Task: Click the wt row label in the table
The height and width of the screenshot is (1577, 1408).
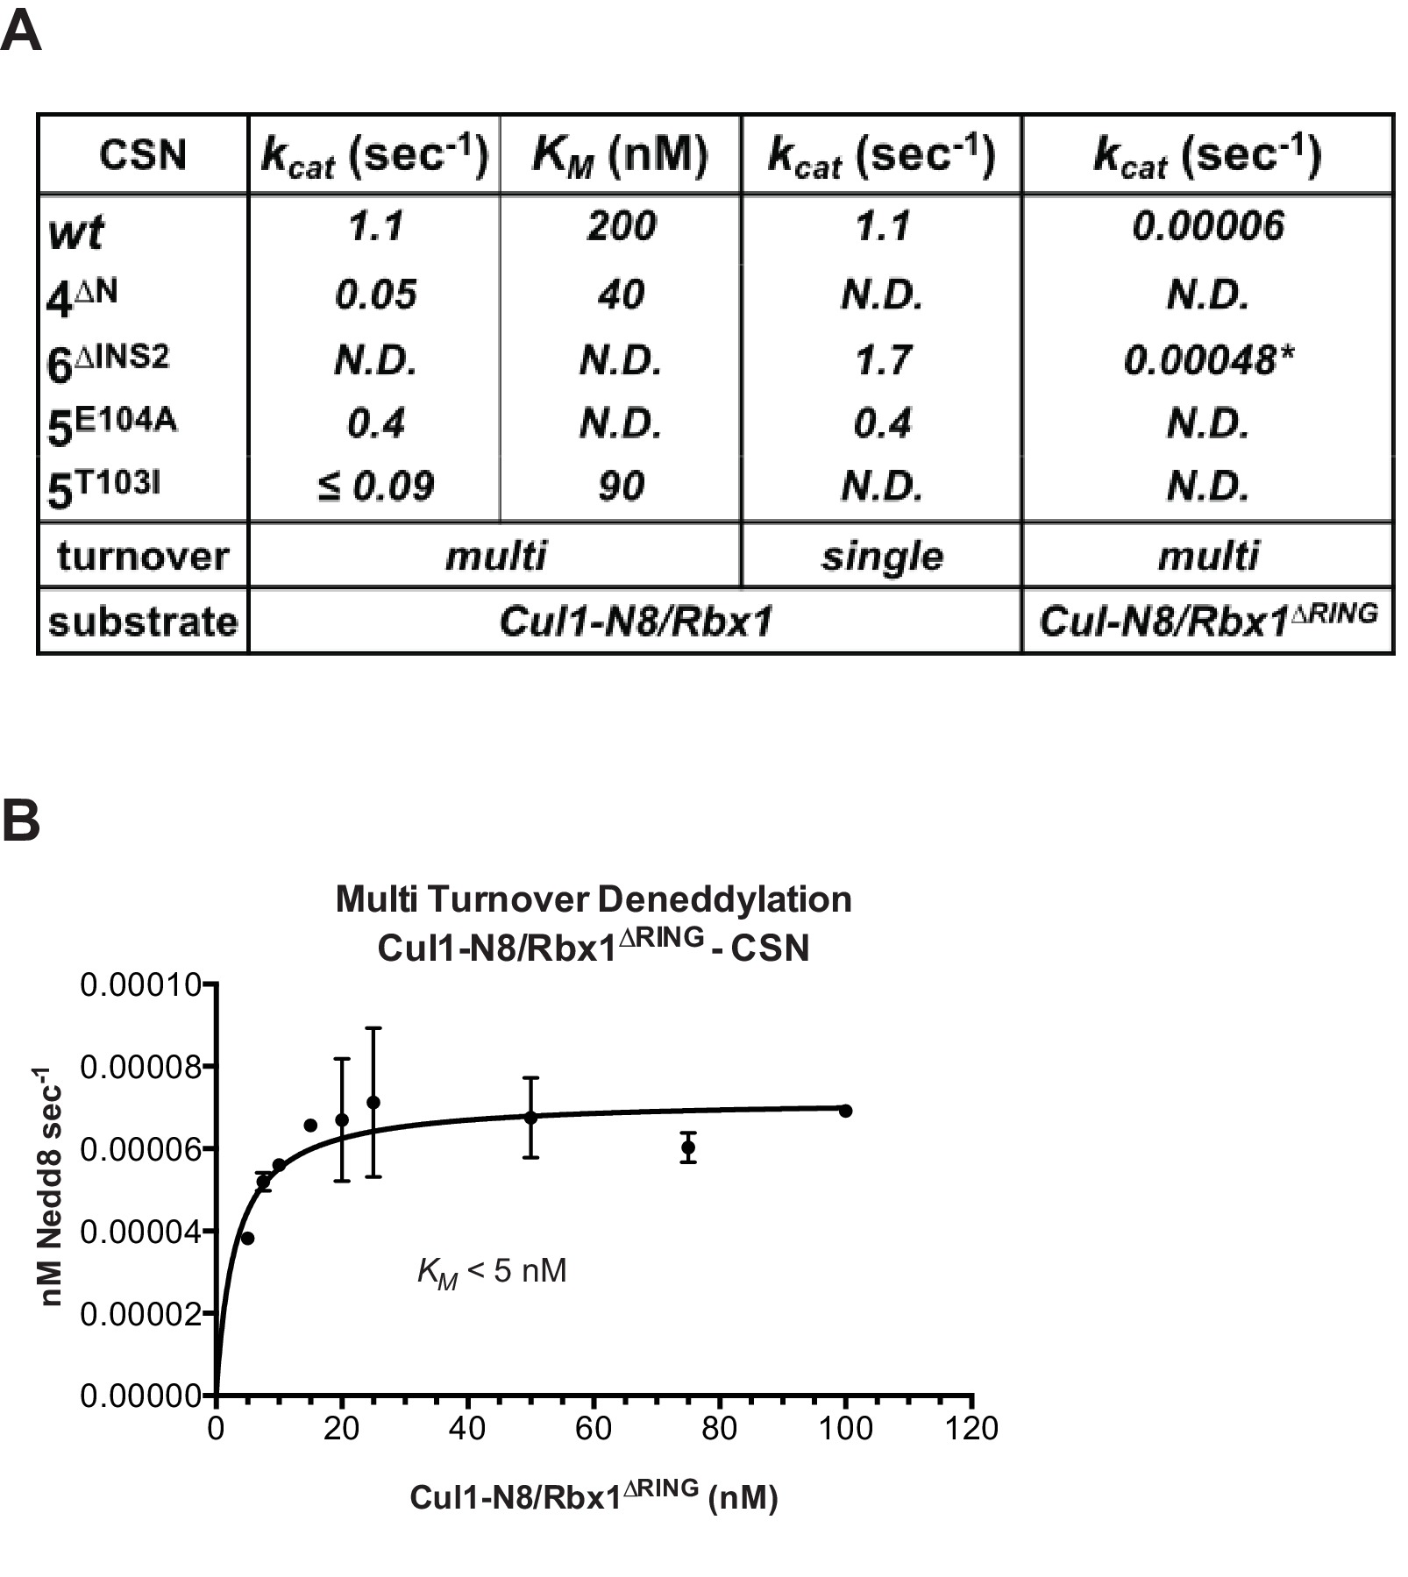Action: [x=76, y=231]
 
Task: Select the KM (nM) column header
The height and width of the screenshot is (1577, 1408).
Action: [x=620, y=155]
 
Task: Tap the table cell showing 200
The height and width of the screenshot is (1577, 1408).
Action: [x=621, y=227]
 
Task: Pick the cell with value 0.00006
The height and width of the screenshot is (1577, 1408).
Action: [x=1207, y=227]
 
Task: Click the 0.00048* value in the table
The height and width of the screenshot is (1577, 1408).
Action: [x=1208, y=360]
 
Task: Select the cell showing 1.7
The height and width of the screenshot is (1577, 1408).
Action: [x=882, y=360]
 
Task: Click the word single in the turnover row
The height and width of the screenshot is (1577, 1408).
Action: [x=882, y=557]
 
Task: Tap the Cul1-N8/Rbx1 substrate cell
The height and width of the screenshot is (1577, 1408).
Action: [x=636, y=622]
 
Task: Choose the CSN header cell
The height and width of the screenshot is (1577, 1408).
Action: [x=143, y=155]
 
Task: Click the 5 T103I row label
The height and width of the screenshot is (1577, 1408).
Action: [x=103, y=488]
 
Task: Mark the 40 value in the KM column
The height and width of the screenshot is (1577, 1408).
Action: [x=621, y=295]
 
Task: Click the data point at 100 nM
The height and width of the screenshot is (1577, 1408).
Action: [x=845, y=1111]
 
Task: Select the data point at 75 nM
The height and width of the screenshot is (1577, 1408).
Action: [x=688, y=1147]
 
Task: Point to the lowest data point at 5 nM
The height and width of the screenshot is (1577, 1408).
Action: [x=247, y=1238]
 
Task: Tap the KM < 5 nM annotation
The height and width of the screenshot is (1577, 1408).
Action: [x=492, y=1271]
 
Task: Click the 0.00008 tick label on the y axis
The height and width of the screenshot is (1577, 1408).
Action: [x=140, y=1067]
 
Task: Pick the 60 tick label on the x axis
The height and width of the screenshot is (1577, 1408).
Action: [x=594, y=1428]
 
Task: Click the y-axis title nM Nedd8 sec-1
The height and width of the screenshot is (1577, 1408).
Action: [x=51, y=1188]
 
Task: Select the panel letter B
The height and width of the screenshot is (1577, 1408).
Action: [x=21, y=820]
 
